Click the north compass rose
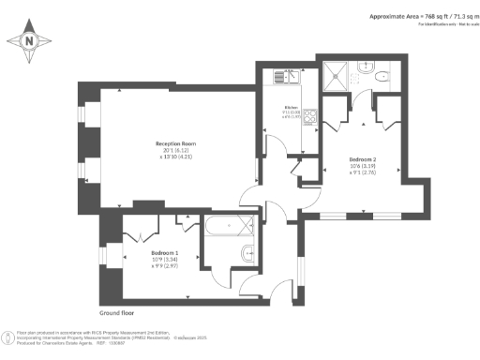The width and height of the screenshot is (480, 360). tap(30, 41)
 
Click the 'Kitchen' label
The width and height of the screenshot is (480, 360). tap(291, 107)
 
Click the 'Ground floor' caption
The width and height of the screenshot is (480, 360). tap(118, 311)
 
